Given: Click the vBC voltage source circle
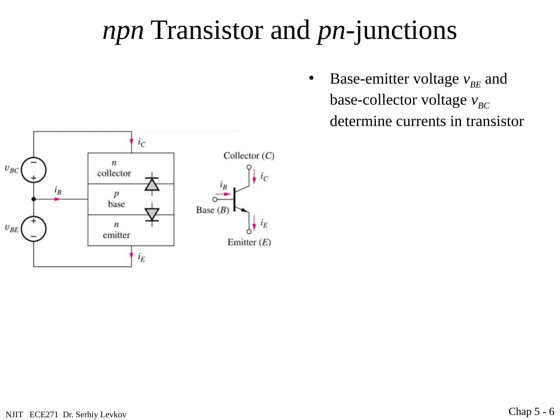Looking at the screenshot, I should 33,170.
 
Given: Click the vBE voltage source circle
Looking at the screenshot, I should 33,229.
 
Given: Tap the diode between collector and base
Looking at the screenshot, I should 152,184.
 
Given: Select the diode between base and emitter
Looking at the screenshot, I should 152,214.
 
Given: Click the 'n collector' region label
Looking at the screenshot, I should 114,168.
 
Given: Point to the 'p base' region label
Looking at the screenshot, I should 116,199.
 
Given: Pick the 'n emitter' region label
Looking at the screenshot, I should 116,230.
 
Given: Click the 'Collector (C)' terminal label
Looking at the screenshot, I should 249,156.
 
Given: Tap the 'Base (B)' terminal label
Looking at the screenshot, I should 212,210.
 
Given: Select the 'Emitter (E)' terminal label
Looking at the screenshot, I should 249,242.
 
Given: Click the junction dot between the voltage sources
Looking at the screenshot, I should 33,199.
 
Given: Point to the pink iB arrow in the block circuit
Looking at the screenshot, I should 58,199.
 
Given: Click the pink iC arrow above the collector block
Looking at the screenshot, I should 131,142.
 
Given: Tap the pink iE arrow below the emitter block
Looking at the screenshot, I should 131,256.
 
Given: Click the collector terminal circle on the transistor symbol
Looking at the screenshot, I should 249,167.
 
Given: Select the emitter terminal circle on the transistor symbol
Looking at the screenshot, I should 249,231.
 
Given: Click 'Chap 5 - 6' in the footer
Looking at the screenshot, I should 531,411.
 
